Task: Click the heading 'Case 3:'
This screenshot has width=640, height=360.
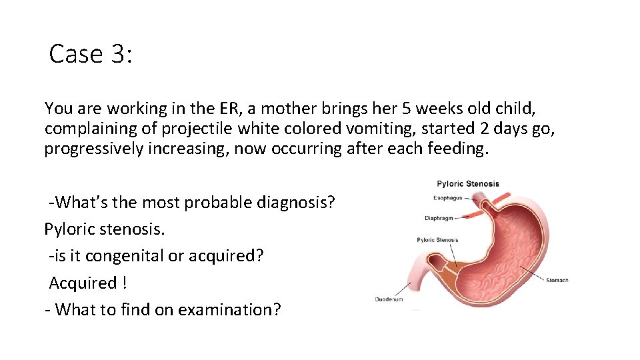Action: [x=91, y=54]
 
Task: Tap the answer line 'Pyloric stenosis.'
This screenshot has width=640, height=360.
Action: [x=105, y=229]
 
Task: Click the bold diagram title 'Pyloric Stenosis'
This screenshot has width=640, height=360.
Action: [x=467, y=184]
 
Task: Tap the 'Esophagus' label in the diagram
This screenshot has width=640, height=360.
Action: [x=447, y=198]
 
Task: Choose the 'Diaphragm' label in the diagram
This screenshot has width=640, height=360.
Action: [x=439, y=218]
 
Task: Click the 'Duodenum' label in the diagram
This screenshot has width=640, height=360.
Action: [x=389, y=299]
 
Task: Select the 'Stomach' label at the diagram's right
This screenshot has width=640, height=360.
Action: [x=557, y=280]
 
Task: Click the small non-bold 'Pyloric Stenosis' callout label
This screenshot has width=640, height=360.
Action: [x=437, y=240]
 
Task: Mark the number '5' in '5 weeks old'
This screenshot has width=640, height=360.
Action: [x=381, y=108]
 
